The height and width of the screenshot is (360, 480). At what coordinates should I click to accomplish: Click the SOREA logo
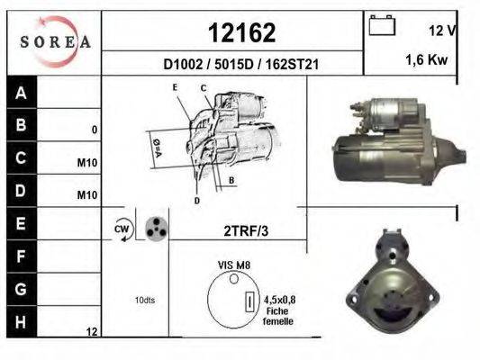(55, 41)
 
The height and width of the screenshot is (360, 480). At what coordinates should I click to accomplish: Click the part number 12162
(241, 33)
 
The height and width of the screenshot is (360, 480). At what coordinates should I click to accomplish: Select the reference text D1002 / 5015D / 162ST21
(241, 65)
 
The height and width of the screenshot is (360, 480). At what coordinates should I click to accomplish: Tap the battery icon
(382, 26)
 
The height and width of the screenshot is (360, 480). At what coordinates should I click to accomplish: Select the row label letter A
(21, 93)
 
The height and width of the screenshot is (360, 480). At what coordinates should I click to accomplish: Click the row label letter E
(21, 221)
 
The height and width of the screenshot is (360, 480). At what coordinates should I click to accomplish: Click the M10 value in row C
(87, 163)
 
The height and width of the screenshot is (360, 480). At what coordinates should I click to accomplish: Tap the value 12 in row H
(91, 332)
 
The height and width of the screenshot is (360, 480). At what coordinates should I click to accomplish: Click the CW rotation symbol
(122, 229)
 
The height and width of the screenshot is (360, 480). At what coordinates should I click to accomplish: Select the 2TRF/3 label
(244, 230)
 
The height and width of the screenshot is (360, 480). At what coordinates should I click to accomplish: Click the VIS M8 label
(232, 266)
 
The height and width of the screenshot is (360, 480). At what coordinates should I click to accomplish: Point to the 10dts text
(143, 300)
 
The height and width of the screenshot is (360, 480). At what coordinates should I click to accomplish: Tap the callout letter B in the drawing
(231, 180)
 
